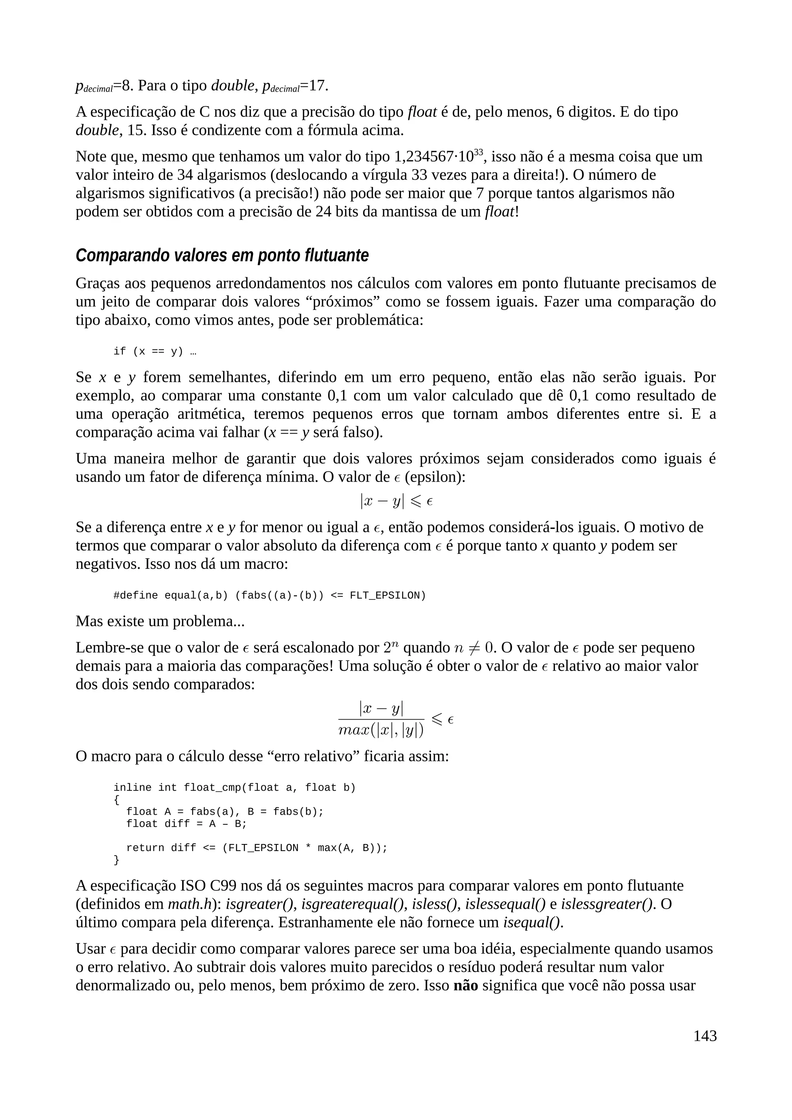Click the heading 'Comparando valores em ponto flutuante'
[x=222, y=255]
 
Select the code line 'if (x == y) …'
[x=155, y=351]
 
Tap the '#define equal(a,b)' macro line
[x=270, y=596]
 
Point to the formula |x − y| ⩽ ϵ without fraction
[x=396, y=501]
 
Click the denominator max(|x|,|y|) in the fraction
[x=381, y=730]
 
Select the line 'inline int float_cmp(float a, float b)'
[x=234, y=788]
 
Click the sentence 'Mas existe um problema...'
[x=160, y=621]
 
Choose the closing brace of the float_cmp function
[x=116, y=860]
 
